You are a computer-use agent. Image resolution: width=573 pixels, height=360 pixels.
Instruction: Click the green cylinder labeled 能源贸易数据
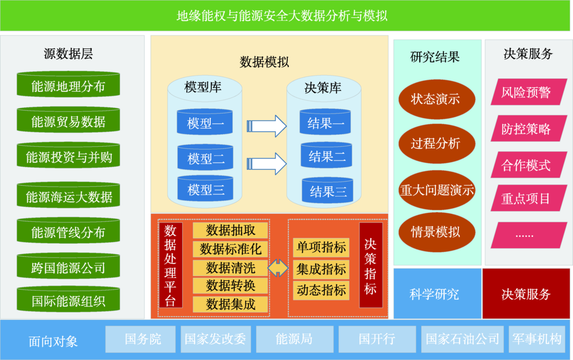[x=68, y=120]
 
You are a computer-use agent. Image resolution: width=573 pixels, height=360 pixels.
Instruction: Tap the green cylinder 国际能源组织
[x=68, y=299]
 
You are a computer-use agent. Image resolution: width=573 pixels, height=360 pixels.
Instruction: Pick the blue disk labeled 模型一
[x=205, y=122]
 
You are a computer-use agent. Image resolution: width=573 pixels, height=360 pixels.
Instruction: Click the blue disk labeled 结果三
[x=327, y=190]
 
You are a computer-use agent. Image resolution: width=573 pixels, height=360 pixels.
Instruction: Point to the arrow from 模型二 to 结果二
[x=266, y=164]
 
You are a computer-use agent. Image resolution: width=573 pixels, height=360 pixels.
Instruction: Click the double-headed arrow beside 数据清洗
[x=278, y=268]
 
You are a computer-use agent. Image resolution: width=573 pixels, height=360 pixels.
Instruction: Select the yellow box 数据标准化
[x=230, y=249]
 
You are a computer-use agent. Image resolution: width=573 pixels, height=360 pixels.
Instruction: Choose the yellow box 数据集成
[x=230, y=304]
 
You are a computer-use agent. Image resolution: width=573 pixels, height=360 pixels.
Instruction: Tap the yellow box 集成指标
[x=321, y=269]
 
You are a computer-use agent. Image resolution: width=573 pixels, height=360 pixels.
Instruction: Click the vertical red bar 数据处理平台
[x=170, y=265]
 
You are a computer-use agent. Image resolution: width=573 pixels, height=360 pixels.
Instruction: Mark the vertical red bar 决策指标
[x=371, y=265]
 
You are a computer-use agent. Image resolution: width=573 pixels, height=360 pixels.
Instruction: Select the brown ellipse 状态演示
[x=437, y=99]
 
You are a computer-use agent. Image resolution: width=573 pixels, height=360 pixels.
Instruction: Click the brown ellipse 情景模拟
[x=437, y=232]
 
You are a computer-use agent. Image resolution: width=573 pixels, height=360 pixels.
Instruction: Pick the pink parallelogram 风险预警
[x=529, y=92]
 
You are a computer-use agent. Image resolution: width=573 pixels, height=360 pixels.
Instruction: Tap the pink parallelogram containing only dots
[x=529, y=236]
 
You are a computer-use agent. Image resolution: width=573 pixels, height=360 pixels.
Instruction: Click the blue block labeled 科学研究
[x=437, y=294]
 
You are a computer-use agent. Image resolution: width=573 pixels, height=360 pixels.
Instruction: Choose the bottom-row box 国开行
[x=377, y=339]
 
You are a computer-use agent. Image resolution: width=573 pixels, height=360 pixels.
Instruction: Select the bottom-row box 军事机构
[x=537, y=339]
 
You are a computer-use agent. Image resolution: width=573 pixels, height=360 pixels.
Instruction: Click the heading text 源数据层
[x=68, y=54]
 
